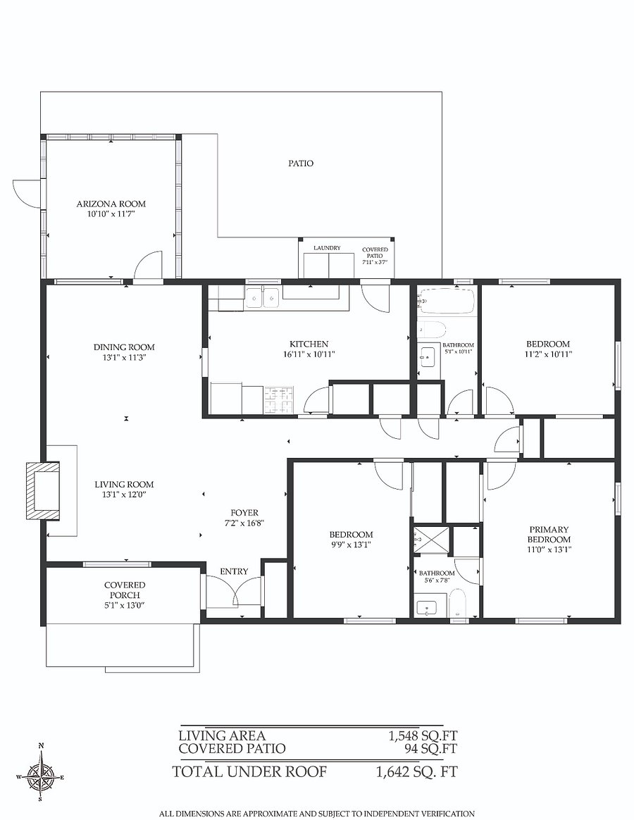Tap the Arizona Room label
[x=111, y=204]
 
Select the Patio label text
[x=301, y=163]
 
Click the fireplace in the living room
[x=43, y=490]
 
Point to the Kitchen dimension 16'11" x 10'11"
[x=309, y=354]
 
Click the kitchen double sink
[x=263, y=298]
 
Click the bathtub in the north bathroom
[x=447, y=302]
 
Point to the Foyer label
[x=244, y=513]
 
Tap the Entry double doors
[x=234, y=592]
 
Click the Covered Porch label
[x=125, y=590]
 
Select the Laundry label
[x=327, y=248]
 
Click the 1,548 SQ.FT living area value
[x=423, y=736]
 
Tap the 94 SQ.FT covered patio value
[x=431, y=749]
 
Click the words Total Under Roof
[x=250, y=771]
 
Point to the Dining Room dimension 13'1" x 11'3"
[x=124, y=358]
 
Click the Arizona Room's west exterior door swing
[x=26, y=192]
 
